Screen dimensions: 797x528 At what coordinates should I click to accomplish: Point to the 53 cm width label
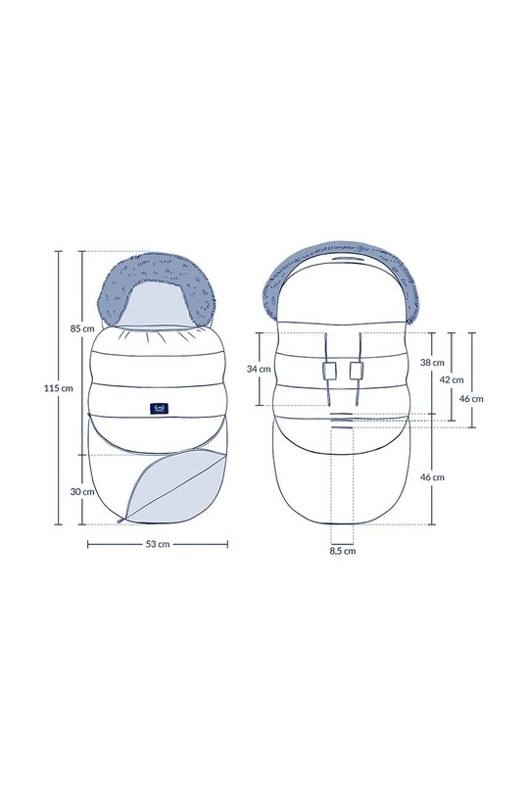158,546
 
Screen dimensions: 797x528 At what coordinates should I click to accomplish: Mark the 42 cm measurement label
452,378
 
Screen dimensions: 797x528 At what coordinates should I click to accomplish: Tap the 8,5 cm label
343,551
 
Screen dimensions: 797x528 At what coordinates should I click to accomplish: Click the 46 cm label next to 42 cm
472,398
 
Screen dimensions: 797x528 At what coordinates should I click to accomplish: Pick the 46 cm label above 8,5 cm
433,476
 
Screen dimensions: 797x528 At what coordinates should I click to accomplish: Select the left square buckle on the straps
330,371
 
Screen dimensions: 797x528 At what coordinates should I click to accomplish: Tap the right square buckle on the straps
358,371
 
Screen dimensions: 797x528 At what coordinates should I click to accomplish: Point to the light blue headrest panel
159,305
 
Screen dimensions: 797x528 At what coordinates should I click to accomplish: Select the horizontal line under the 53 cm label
158,537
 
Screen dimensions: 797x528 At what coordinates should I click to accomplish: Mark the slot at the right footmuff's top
342,263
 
